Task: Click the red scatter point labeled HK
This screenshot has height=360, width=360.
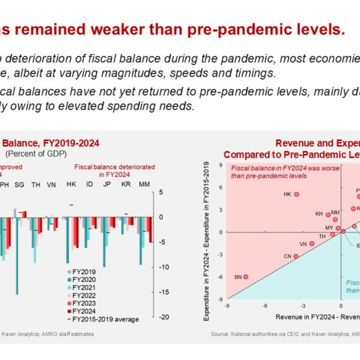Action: [296, 194]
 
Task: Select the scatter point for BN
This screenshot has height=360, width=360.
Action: [246, 277]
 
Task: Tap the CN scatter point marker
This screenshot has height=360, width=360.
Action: [296, 256]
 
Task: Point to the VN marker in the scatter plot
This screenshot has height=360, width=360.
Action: [311, 244]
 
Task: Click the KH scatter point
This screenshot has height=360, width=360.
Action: [328, 214]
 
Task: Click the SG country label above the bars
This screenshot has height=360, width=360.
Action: [20, 184]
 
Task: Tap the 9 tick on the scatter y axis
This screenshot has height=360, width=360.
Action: [221, 166]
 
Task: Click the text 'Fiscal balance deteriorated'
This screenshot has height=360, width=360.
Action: [114, 167]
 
